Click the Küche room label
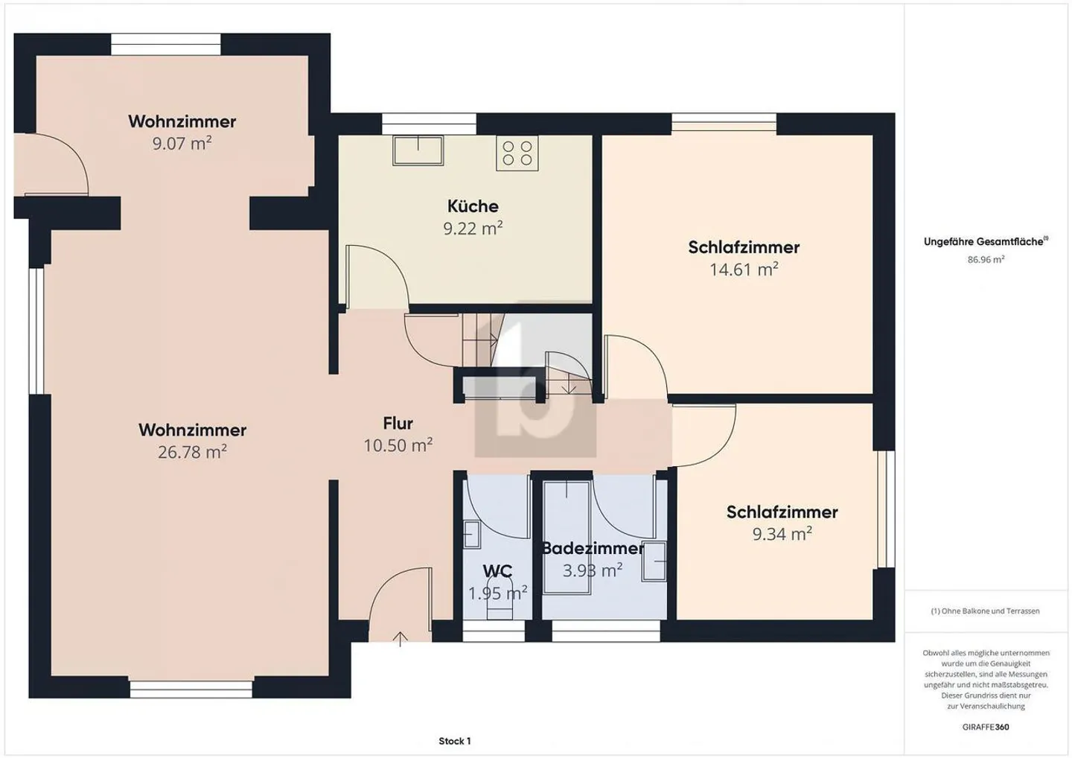473,206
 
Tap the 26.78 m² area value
192,452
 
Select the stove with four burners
517,153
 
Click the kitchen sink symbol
418,150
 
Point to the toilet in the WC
500,609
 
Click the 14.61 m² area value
744,270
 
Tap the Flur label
398,424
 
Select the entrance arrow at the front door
401,638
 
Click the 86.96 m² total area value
986,260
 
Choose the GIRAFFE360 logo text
986,727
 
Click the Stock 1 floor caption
454,741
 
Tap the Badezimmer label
593,549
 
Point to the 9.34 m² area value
782,534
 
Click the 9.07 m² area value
182,143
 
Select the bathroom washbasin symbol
654,561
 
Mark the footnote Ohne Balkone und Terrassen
985,611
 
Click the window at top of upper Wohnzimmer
166,45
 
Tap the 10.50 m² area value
398,445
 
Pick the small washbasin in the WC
472,535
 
